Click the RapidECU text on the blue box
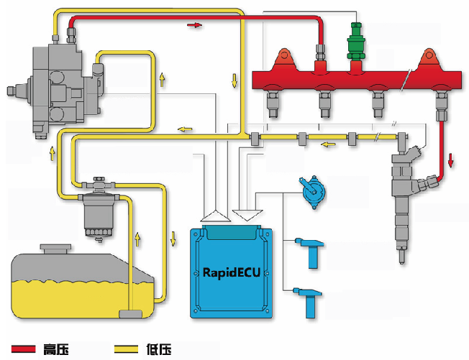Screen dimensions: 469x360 point(232,273)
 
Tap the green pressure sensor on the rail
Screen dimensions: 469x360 point(355,42)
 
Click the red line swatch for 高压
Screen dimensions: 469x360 point(23,349)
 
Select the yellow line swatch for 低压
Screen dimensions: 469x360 point(126,349)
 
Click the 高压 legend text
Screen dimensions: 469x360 point(56,349)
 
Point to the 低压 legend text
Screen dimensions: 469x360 point(159,349)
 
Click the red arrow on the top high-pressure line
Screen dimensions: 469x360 point(194,25)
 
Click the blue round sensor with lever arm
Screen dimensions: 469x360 point(312,191)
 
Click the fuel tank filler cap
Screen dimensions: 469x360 point(55,249)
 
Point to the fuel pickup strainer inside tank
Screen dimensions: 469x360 point(130,314)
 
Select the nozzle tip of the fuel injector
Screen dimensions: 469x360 point(402,257)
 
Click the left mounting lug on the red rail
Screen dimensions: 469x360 point(284,60)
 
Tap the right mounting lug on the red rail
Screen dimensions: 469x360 point(429,60)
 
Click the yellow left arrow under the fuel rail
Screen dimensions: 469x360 point(328,144)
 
